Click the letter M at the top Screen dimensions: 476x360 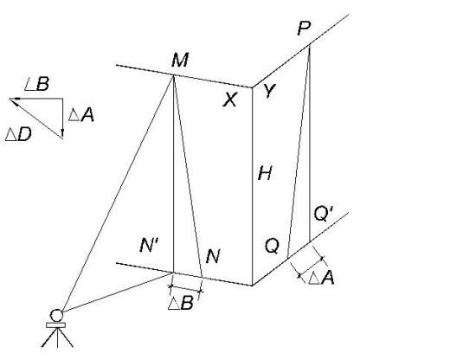[x=180, y=60]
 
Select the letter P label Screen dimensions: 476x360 [x=304, y=29]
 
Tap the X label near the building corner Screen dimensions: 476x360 [x=230, y=100]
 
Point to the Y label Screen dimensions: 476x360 [x=269, y=91]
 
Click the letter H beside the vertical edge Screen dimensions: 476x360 [x=265, y=173]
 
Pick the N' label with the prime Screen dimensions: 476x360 [x=150, y=245]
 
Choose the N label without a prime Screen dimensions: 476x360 [x=213, y=256]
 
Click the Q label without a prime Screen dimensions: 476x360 [x=272, y=246]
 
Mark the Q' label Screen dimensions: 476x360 [x=324, y=214]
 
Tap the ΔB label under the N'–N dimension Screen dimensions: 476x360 [x=181, y=303]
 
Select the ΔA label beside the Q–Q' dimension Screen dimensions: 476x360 [x=321, y=278]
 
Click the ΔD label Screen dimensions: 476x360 [x=18, y=134]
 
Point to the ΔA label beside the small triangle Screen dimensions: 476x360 [x=81, y=115]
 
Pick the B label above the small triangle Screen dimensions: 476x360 [x=42, y=84]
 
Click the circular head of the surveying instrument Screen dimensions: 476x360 [x=56, y=315]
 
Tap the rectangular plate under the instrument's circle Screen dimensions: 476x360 [x=55, y=325]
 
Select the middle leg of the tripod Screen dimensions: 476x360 [x=57, y=337]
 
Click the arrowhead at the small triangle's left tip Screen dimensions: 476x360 [x=15, y=101]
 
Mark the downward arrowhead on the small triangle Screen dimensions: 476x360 [x=62, y=133]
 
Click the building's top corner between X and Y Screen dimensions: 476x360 [x=253, y=87]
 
